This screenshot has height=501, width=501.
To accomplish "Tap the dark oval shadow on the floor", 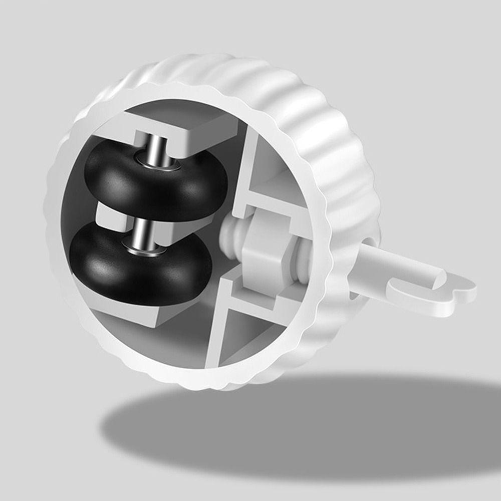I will point(301,426).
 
